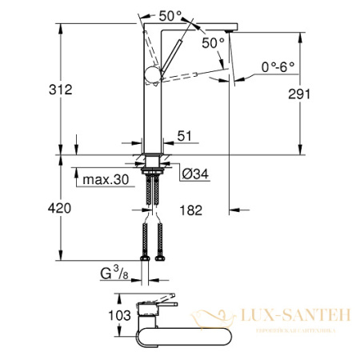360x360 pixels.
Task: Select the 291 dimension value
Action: coord(320,93)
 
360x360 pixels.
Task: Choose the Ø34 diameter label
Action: coord(194,175)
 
